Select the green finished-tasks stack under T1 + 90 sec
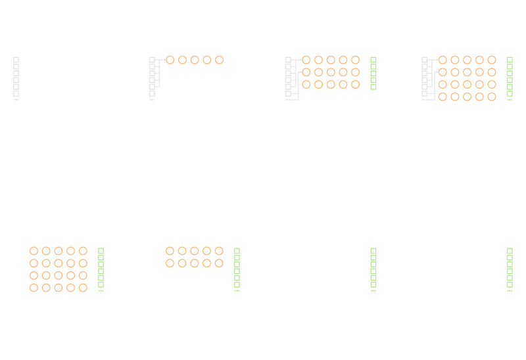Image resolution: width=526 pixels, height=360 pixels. click(x=374, y=74)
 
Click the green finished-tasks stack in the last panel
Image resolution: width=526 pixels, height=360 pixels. click(x=510, y=270)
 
